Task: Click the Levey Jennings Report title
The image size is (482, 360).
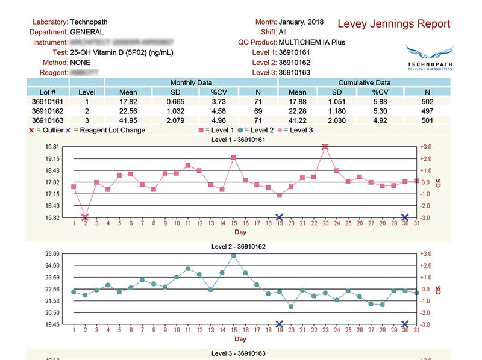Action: point(393,24)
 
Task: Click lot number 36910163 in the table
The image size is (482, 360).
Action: point(48,120)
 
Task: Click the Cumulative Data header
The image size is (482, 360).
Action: point(364,82)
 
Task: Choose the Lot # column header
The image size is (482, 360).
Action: point(48,92)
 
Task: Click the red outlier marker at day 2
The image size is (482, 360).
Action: point(85,217)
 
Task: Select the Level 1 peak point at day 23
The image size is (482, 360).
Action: point(325,146)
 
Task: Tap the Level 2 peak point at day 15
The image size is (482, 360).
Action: point(234,255)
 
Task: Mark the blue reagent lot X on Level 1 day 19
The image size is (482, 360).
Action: point(280,217)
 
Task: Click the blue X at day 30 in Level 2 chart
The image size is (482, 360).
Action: point(405,324)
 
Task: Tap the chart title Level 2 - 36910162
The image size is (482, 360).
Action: point(239,246)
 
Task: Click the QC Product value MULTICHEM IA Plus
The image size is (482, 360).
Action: point(312,42)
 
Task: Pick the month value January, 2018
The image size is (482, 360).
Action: point(301,22)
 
